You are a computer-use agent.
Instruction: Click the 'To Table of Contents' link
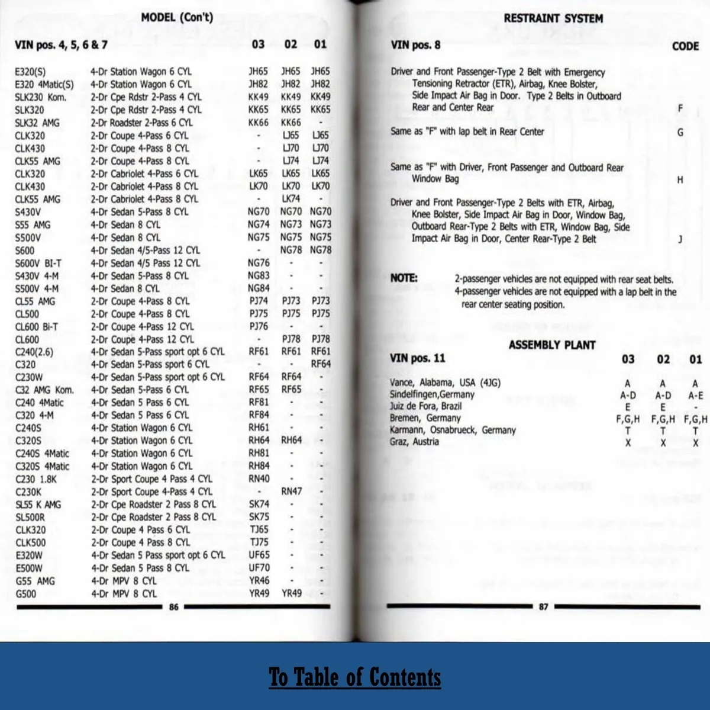click(x=355, y=677)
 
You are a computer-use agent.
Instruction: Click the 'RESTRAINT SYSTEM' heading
click(x=553, y=18)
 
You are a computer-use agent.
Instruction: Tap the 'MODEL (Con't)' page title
click(x=177, y=17)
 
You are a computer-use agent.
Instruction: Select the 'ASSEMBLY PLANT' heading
click(x=552, y=345)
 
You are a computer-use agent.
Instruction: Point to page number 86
click(x=173, y=606)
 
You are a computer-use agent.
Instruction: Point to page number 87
click(x=543, y=606)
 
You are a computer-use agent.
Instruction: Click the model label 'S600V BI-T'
click(x=38, y=263)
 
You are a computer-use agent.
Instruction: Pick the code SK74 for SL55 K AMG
click(x=259, y=504)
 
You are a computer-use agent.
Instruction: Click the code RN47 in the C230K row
click(x=291, y=491)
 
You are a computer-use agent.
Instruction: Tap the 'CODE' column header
click(x=685, y=46)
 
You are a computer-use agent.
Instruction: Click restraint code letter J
click(x=680, y=239)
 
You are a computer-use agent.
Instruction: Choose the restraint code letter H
click(x=680, y=179)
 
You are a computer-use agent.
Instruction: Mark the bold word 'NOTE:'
click(x=404, y=278)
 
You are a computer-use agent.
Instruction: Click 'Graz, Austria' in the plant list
click(x=414, y=442)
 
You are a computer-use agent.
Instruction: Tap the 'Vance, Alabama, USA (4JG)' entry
click(x=445, y=383)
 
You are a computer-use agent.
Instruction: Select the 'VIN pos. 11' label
click(x=417, y=358)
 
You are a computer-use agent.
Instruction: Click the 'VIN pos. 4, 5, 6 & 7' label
click(x=61, y=44)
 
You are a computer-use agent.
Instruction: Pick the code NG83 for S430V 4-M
click(x=259, y=275)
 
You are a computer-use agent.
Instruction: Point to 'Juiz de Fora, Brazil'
click(x=425, y=406)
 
